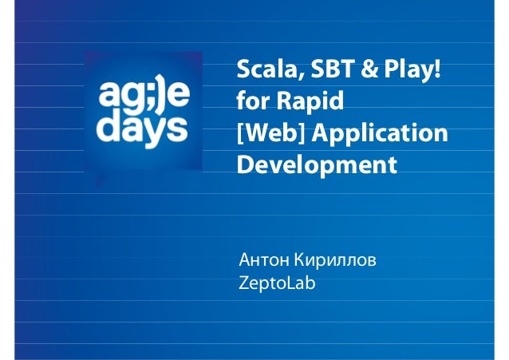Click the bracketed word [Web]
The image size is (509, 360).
[x=266, y=135]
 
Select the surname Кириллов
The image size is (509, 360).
[x=335, y=261]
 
